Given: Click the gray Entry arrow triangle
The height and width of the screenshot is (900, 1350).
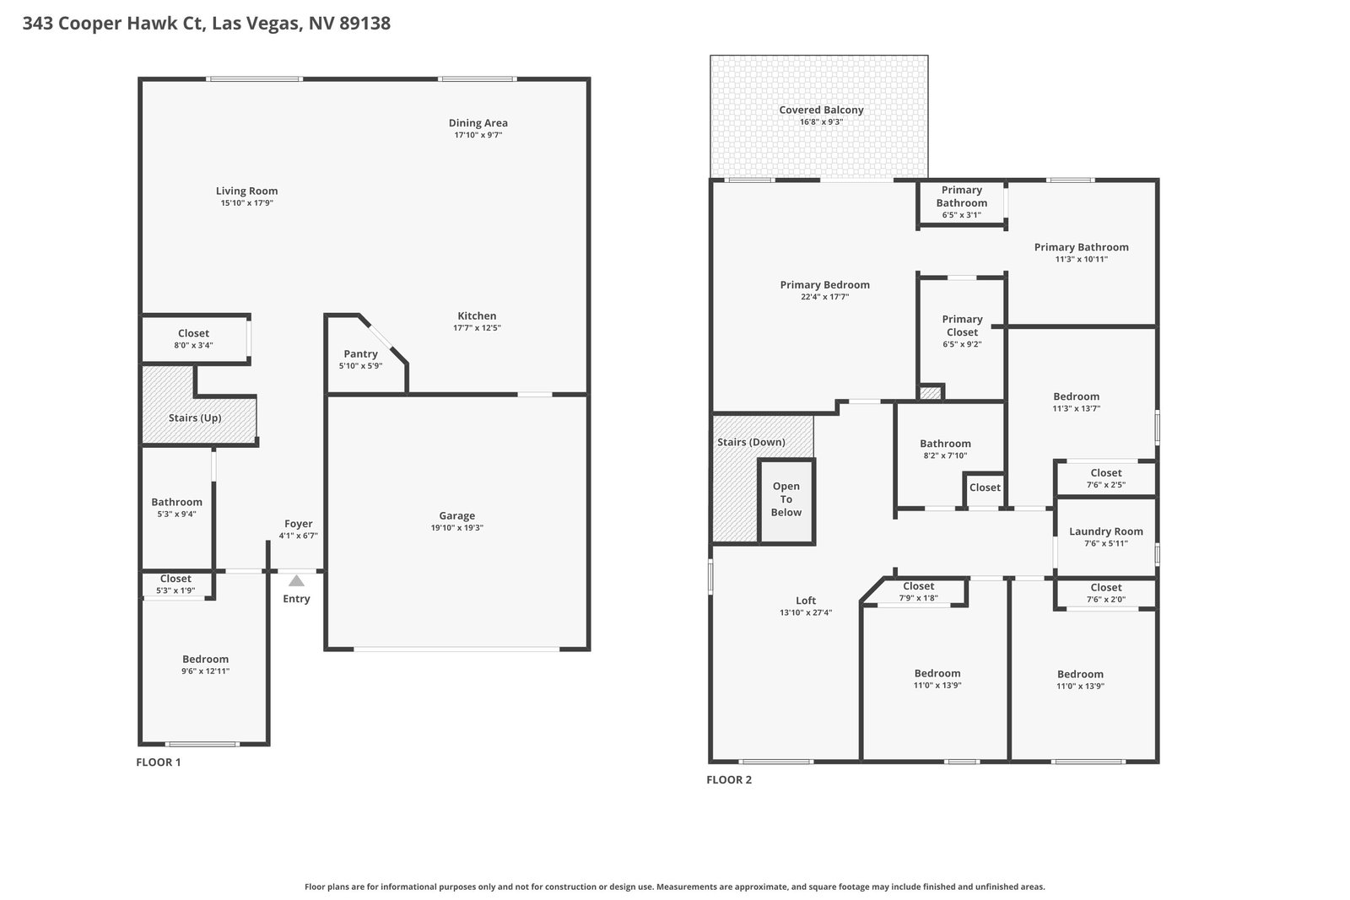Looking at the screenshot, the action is (x=296, y=580).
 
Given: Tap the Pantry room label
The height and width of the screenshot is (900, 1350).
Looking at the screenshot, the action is (x=360, y=353).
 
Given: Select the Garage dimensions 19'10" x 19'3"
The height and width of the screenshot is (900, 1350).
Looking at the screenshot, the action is (x=456, y=528).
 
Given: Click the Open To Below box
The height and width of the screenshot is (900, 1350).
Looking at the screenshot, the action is (x=786, y=501).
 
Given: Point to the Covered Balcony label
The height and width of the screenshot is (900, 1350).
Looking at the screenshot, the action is (x=821, y=110).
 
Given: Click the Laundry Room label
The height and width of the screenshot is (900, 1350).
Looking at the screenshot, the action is (x=1106, y=531).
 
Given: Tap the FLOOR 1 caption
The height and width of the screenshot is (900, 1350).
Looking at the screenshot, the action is (x=159, y=762).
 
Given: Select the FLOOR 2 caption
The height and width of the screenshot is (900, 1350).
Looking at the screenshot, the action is (x=729, y=779).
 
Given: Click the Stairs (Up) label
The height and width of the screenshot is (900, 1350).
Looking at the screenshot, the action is (x=195, y=418).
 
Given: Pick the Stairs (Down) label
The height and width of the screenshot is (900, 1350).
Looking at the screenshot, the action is (x=751, y=442).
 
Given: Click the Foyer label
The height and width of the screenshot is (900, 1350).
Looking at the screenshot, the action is (x=299, y=524).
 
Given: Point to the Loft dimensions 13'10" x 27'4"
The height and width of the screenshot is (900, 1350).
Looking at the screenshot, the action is (x=806, y=612).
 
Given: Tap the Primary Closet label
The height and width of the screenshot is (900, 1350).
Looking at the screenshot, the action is (x=963, y=326).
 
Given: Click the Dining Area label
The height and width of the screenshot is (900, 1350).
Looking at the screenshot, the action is (x=478, y=123).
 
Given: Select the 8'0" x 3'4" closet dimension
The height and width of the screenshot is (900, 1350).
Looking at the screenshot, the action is (x=193, y=345).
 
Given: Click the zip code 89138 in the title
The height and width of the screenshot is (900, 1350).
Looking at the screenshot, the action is (x=364, y=23).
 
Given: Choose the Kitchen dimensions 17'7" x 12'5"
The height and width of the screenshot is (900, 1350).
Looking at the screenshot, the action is (x=477, y=328).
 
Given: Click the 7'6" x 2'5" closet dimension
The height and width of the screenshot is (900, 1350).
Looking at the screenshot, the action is (x=1106, y=484).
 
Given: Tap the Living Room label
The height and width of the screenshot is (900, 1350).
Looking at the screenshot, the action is (x=247, y=191).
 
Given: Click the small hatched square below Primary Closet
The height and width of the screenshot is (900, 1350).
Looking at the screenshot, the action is (x=930, y=393).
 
